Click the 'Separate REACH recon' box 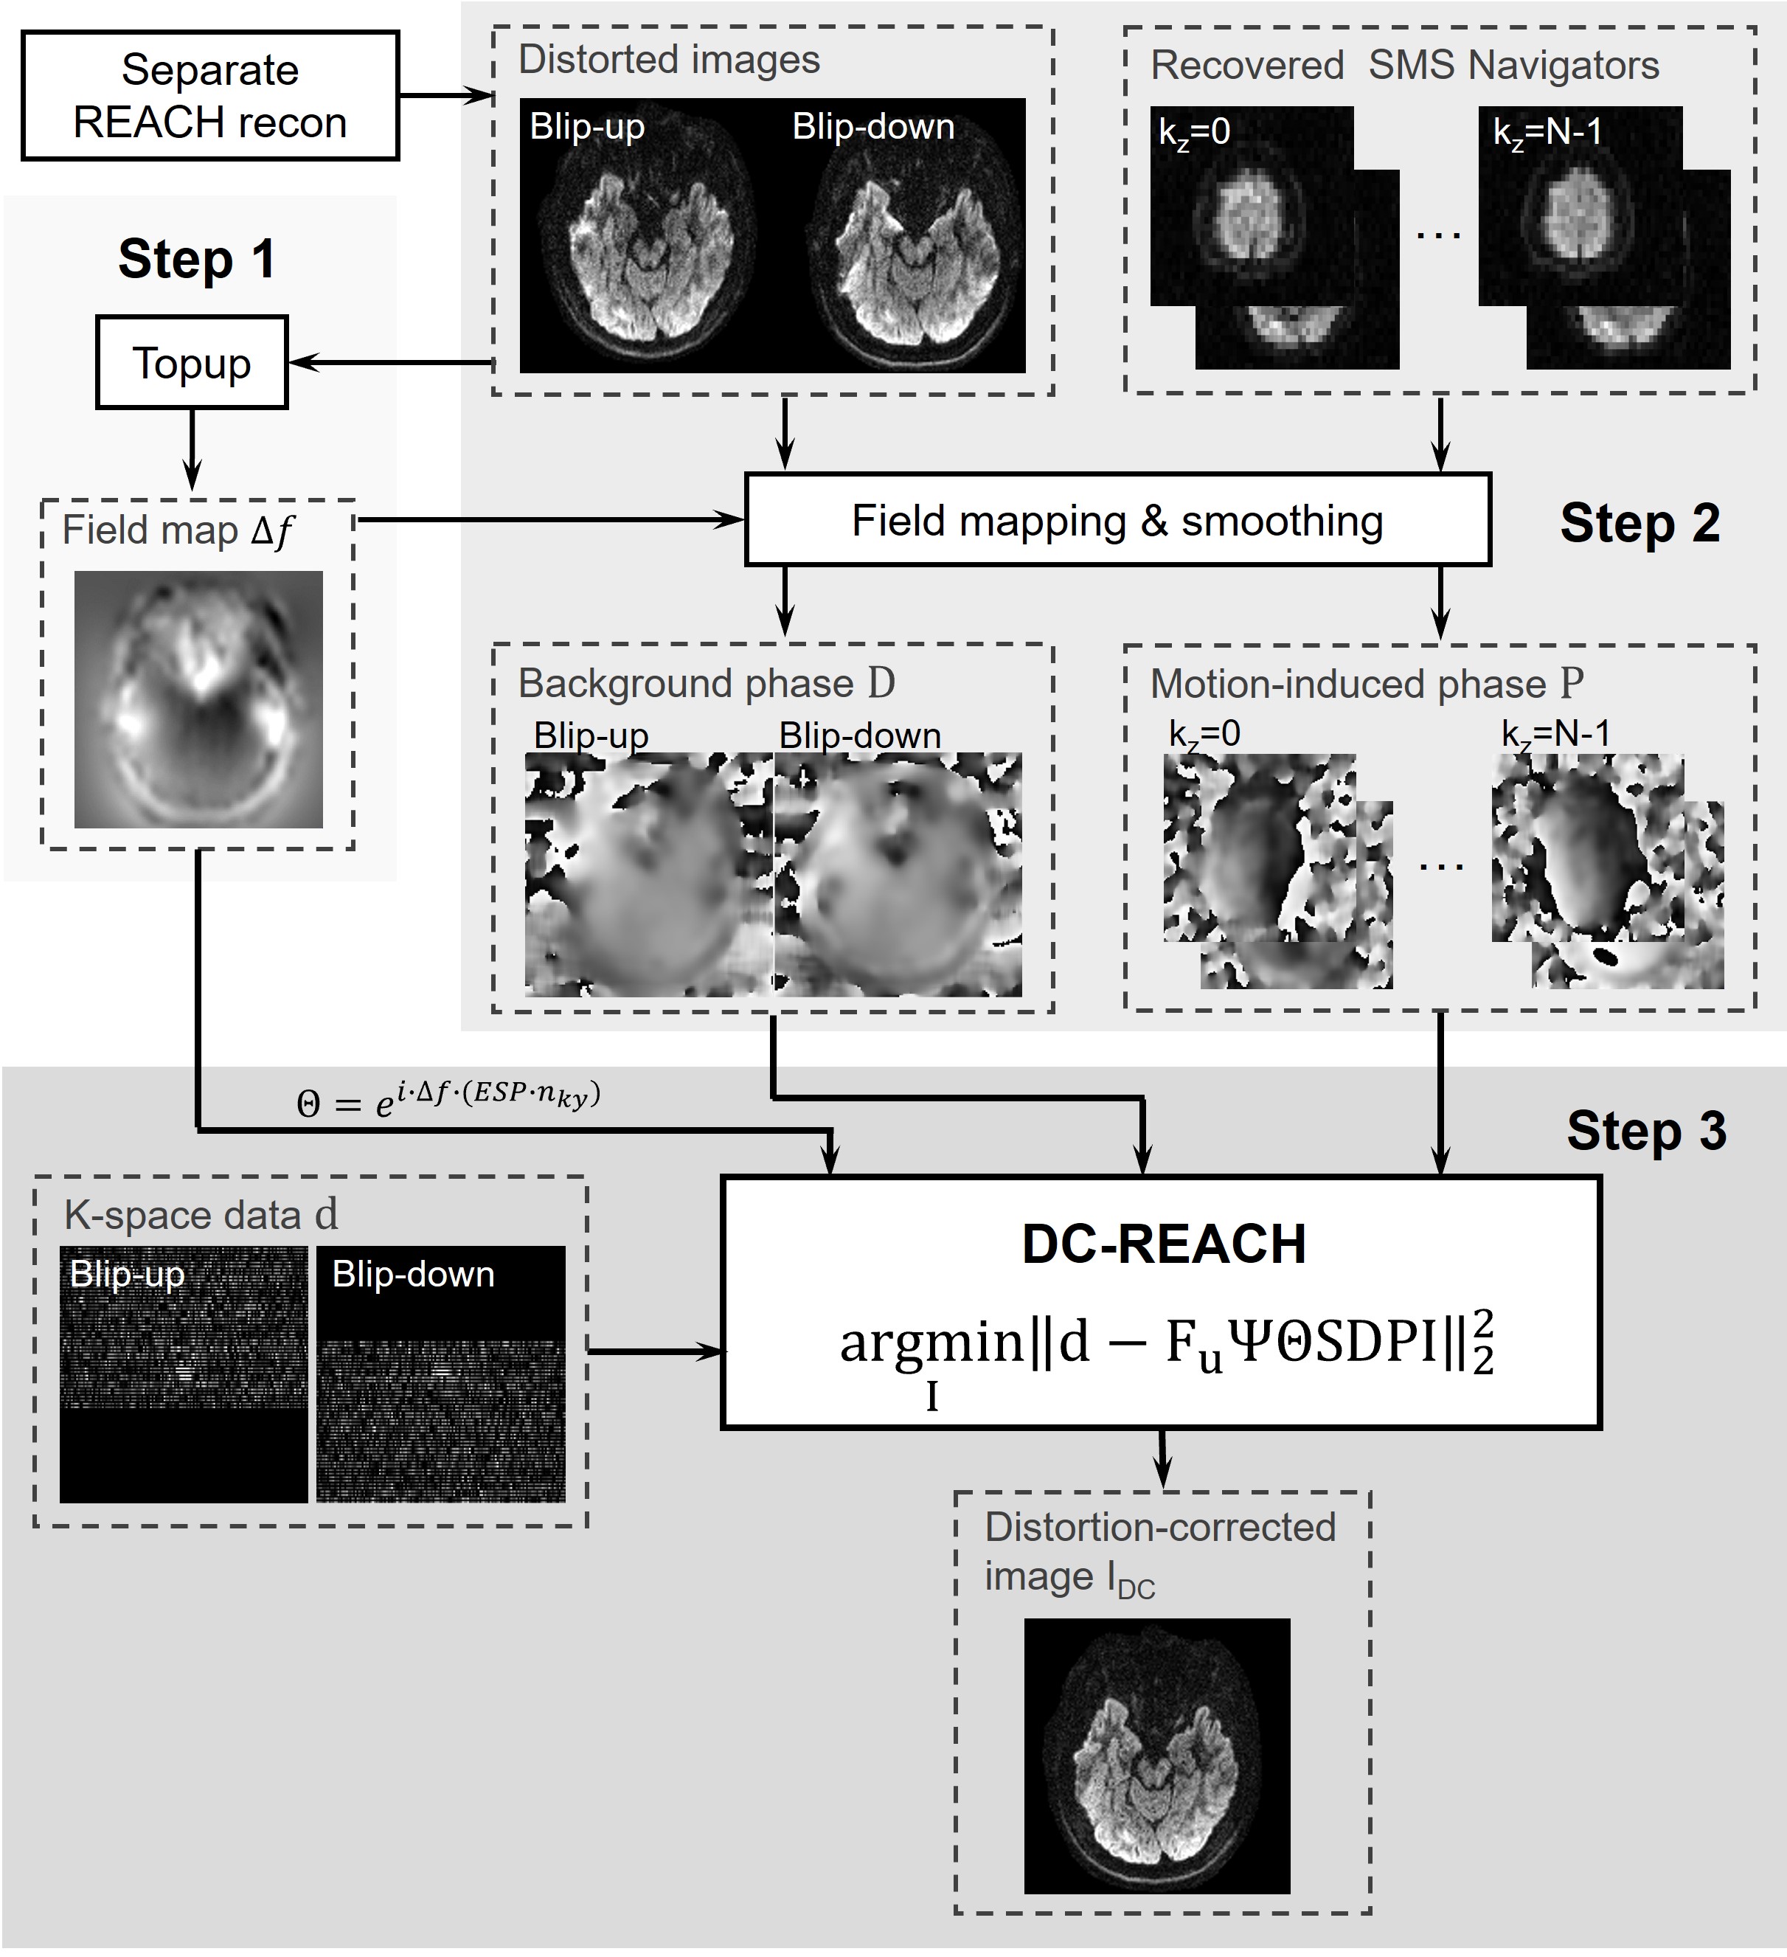(209, 95)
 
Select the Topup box (191, 363)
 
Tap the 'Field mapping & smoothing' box (1117, 520)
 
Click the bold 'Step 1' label (196, 260)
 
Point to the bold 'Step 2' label (1639, 524)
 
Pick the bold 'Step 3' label (1646, 1132)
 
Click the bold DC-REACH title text (1163, 1244)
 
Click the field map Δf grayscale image (198, 699)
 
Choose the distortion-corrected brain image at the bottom (1157, 1755)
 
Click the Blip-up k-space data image (184, 1374)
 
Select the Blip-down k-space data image (441, 1374)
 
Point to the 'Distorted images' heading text (669, 60)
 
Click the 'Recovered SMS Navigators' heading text (1403, 66)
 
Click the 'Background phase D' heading (706, 683)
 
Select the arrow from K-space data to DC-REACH (656, 1351)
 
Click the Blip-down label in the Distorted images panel (872, 127)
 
